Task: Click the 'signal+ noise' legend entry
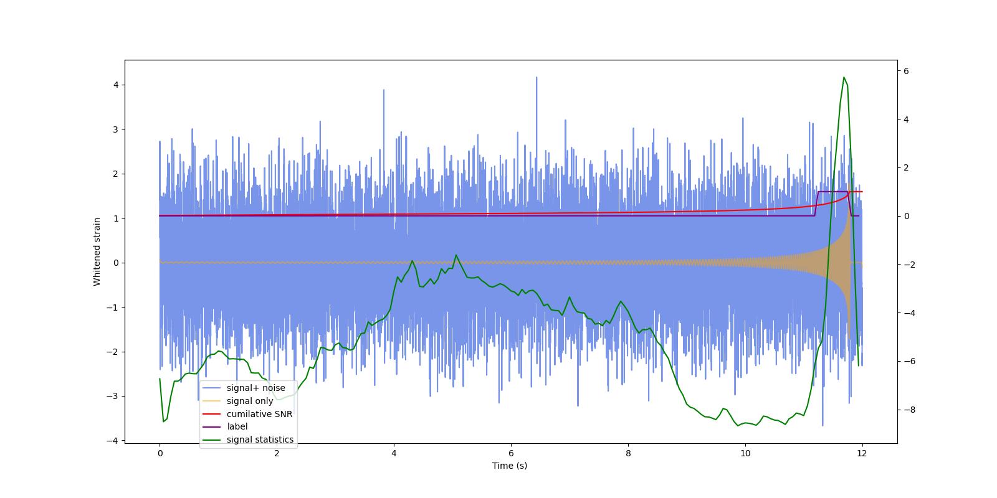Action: click(x=255, y=388)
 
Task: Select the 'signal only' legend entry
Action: click(x=249, y=401)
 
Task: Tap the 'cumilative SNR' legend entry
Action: click(x=259, y=414)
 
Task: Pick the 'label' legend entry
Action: click(x=237, y=426)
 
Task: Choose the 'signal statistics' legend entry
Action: click(x=260, y=439)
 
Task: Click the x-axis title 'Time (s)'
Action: click(x=510, y=466)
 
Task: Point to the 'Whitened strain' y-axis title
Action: click(x=97, y=251)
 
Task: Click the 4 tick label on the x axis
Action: click(x=394, y=453)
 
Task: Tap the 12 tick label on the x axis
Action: click(x=862, y=453)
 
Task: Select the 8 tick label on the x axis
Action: click(x=628, y=453)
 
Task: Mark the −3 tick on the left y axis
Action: click(x=115, y=396)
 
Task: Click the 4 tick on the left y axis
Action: click(x=116, y=85)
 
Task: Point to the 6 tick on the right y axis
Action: click(x=906, y=71)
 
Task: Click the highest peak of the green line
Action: click(x=844, y=77)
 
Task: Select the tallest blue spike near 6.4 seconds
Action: click(x=537, y=78)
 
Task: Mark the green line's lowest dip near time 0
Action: click(x=163, y=421)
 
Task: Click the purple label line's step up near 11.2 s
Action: click(x=816, y=204)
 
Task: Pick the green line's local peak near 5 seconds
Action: click(x=456, y=255)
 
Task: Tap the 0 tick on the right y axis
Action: click(x=906, y=216)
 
